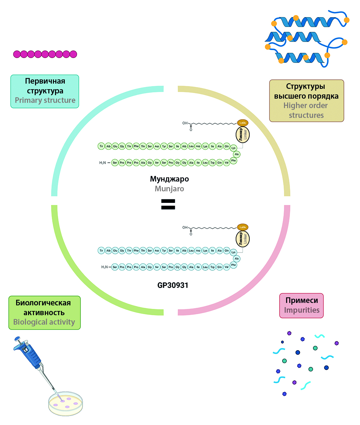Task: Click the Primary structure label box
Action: (x=45, y=91)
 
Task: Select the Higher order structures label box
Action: (x=306, y=101)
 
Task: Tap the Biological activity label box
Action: (x=44, y=313)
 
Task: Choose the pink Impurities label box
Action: (x=301, y=305)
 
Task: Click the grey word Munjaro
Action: (x=169, y=189)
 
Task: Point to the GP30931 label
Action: (x=173, y=285)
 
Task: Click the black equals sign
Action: (x=168, y=205)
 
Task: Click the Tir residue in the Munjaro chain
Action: (x=101, y=146)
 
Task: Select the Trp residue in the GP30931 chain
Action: (x=212, y=267)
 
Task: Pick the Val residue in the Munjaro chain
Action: (x=226, y=163)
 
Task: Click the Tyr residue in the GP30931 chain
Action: (x=164, y=250)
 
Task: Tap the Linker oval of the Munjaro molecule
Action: (x=243, y=135)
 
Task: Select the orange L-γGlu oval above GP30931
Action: (x=243, y=227)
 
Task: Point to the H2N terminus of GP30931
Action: (x=104, y=267)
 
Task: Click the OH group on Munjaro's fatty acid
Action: (x=185, y=123)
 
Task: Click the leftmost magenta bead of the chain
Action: (x=17, y=54)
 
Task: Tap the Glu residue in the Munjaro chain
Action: (x=115, y=146)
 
